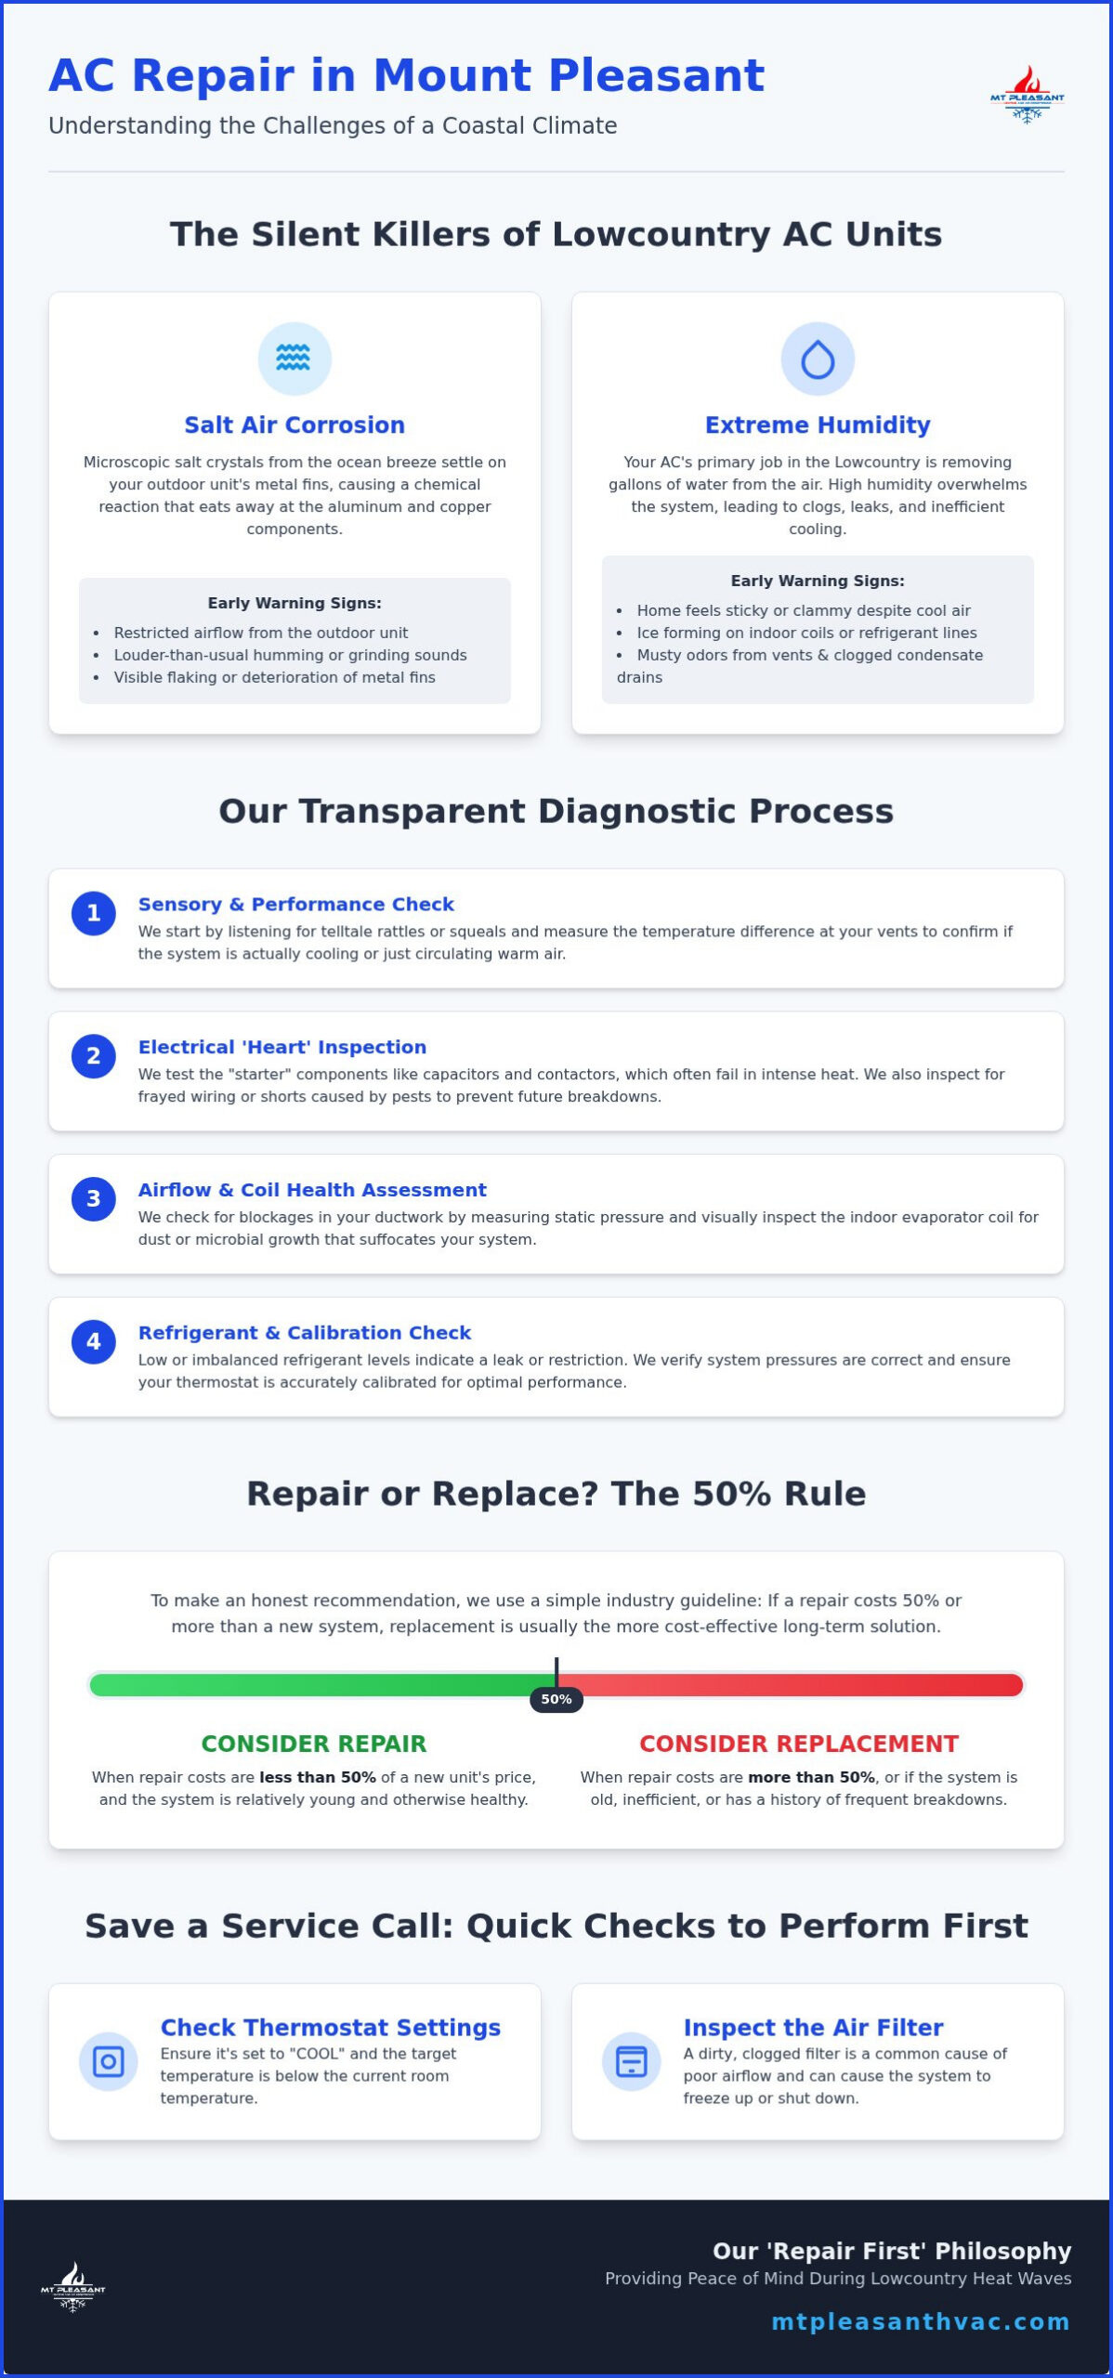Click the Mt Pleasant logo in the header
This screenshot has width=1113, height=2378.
(1027, 94)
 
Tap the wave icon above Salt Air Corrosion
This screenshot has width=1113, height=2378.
(294, 359)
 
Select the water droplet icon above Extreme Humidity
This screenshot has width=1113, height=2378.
(818, 359)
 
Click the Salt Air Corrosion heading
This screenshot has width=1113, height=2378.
(295, 425)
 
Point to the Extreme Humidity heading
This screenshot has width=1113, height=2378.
(818, 425)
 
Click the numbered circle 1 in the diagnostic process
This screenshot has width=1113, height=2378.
(94, 913)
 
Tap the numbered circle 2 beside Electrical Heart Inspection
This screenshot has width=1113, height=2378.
(94, 1056)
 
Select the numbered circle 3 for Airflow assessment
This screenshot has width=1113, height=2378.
(94, 1198)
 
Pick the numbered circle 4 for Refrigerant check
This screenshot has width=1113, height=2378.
(94, 1341)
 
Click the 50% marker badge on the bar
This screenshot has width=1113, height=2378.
(556, 1699)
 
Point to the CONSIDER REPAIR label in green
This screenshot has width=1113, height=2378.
(314, 1744)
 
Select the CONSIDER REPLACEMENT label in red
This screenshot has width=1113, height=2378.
(799, 1744)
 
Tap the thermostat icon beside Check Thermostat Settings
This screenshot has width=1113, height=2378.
(108, 2062)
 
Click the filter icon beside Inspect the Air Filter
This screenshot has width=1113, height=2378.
(632, 2062)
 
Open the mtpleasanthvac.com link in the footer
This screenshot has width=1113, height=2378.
(921, 2321)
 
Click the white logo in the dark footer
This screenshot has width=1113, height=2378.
(72, 2287)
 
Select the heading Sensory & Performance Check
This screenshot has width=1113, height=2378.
(296, 904)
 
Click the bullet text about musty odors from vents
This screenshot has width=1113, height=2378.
(800, 666)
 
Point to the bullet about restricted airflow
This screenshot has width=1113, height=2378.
(261, 633)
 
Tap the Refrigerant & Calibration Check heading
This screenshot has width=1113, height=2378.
(305, 1332)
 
